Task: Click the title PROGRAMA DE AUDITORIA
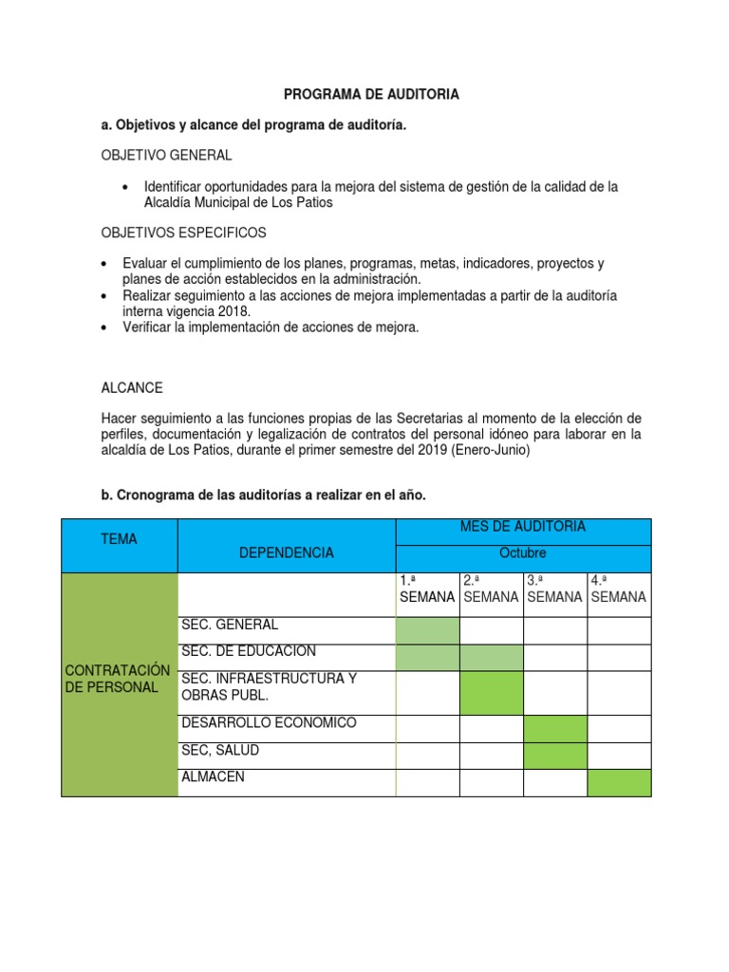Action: pos(372,94)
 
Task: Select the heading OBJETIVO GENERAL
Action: pos(166,155)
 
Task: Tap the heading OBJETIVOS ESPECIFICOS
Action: pos(183,233)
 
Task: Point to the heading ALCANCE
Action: pos(132,388)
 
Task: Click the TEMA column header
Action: pos(119,539)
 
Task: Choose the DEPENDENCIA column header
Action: pos(286,552)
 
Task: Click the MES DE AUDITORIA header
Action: pos(523,527)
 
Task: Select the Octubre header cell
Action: pos(523,552)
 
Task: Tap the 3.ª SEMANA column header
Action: pos(555,589)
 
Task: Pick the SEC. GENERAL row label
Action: pos(231,625)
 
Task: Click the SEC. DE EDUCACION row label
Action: pos(248,651)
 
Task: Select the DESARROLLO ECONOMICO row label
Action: pos(269,723)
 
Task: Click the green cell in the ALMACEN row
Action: pos(619,782)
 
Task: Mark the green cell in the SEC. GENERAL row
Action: pos(427,630)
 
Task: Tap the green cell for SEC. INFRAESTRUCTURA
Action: pos(492,693)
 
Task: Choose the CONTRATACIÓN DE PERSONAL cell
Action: pos(119,679)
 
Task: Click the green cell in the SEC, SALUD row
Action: pos(555,756)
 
